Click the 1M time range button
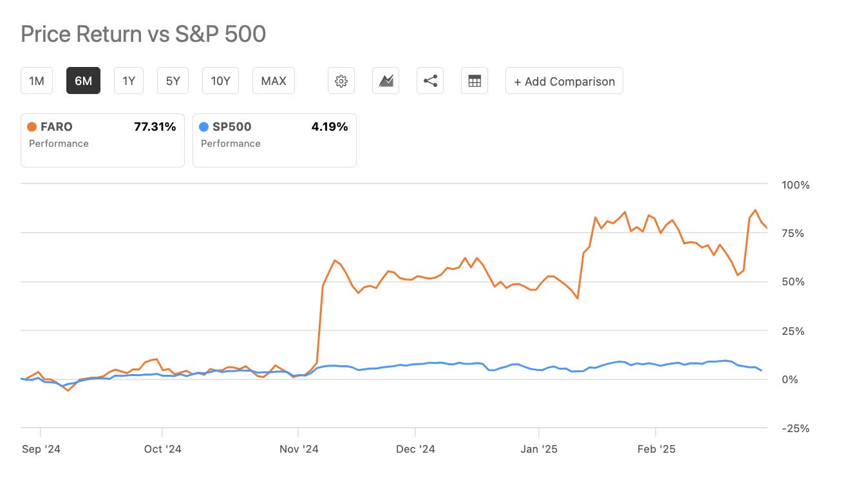(x=37, y=81)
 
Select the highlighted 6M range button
(x=83, y=81)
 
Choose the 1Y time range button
(x=129, y=81)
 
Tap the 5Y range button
(x=173, y=81)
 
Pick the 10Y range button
(x=220, y=81)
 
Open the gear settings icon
(x=341, y=81)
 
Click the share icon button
(x=430, y=81)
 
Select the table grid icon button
(x=475, y=81)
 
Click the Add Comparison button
(x=564, y=81)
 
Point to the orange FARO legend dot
(x=32, y=127)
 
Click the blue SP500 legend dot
(x=204, y=127)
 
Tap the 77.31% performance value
(x=155, y=127)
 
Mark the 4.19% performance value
(x=329, y=127)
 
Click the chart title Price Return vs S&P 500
(x=143, y=34)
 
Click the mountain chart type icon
(x=386, y=81)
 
